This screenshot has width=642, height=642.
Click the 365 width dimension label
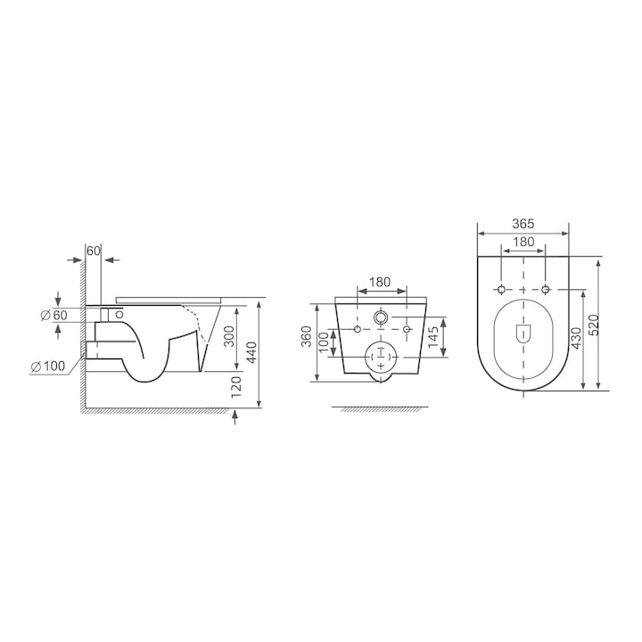523,224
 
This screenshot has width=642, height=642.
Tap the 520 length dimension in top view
595,325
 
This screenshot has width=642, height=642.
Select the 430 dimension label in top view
576,338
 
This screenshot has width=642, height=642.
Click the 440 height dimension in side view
251,352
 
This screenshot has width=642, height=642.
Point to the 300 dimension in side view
230,336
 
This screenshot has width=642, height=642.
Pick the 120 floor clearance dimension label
236,387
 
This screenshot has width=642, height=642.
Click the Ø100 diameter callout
48,366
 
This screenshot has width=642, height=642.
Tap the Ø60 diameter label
54,316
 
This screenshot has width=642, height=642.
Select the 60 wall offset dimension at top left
94,251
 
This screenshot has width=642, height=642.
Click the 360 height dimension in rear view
307,336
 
